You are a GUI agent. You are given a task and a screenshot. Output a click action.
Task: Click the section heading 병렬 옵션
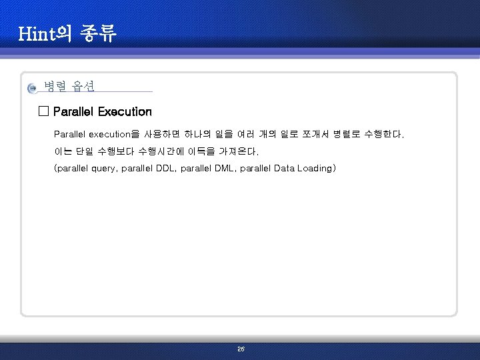(x=69, y=86)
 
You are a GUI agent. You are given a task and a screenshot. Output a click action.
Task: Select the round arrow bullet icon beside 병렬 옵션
(x=33, y=88)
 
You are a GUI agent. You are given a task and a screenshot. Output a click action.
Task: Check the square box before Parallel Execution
(x=44, y=111)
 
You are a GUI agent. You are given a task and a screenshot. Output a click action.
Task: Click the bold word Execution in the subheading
(x=125, y=111)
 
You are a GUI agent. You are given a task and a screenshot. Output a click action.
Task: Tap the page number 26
(x=241, y=349)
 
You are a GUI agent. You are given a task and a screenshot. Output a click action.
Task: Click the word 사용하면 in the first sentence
(x=162, y=134)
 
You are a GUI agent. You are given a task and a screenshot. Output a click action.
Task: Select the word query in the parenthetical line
(x=103, y=169)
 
